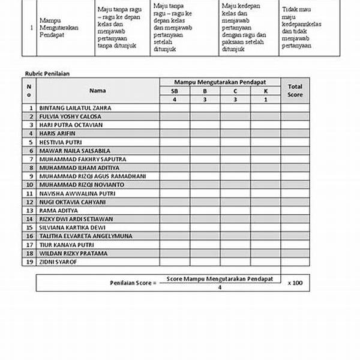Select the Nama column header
point(98,91)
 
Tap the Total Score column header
point(295,90)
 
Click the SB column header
point(175,91)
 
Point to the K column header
point(265,91)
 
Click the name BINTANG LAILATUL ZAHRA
point(75,108)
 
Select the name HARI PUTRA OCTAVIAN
point(71,125)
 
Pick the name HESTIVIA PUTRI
point(60,142)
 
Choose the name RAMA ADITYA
point(58,211)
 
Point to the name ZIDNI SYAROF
point(58,262)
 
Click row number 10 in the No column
point(29,185)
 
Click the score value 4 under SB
point(175,99)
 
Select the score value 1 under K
point(265,99)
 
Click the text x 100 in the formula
point(295,281)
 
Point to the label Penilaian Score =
point(133,281)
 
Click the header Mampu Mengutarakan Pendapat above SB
point(220,82)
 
